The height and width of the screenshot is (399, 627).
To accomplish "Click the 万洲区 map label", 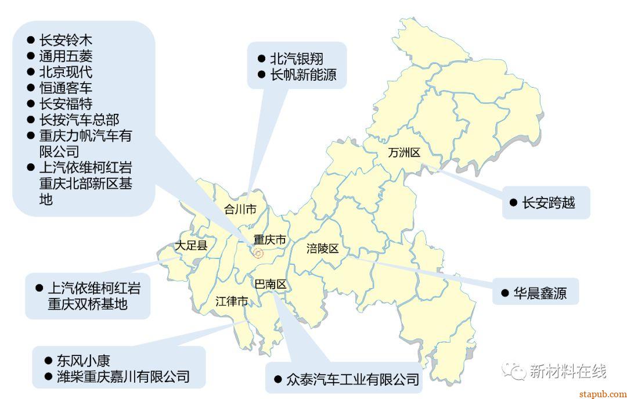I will coord(404,153).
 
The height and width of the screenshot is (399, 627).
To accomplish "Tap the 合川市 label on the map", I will coord(240,210).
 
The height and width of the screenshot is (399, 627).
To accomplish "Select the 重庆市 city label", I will coord(270,239).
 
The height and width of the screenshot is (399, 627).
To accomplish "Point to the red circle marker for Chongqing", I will coord(258,253).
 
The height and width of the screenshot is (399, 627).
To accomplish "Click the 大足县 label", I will coord(192,246).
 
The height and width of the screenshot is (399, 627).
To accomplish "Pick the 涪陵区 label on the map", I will coord(322,249).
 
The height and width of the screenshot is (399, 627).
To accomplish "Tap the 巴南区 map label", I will coord(271,285).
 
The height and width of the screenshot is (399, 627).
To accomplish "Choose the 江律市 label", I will coord(232,301).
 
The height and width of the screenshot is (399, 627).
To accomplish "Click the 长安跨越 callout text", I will coord(549,203).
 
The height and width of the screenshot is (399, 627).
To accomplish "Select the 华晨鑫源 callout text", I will coord(540,293).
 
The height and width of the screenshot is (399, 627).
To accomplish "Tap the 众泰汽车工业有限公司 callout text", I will coord(352,380).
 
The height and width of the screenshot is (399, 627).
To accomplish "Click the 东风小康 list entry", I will coord(84,360).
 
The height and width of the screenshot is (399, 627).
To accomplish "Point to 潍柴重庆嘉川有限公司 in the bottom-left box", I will coord(123,376).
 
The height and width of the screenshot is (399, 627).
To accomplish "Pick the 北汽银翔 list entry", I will coord(297,59).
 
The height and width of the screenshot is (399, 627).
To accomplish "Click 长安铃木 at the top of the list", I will coord(66,41).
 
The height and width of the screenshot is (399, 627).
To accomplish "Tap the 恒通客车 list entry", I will coord(66,88).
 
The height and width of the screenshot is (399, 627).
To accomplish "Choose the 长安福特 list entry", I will coord(66,103).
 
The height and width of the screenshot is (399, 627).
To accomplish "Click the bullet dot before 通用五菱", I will coord(31,56).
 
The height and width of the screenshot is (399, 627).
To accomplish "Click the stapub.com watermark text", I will coord(603,393).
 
